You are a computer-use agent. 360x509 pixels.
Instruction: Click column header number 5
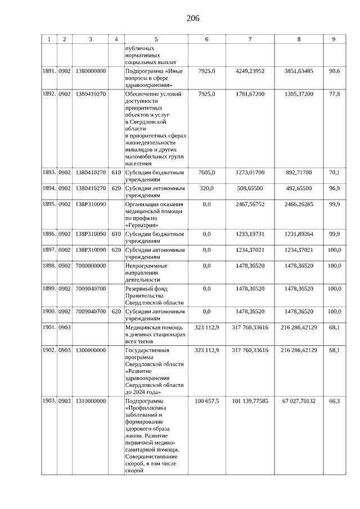pyautogui.click(x=156, y=39)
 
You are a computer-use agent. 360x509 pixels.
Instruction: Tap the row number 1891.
pyautogui.click(x=49, y=71)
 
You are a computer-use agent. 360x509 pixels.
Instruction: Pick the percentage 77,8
pyautogui.click(x=334, y=94)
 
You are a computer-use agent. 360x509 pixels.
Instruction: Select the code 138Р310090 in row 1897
pyautogui.click(x=90, y=249)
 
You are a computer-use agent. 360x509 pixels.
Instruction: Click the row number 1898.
pyautogui.click(x=49, y=265)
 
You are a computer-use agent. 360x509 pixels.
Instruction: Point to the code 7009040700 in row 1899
pyautogui.click(x=90, y=288)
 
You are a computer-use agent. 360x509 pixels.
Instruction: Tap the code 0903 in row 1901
pyautogui.click(x=65, y=327)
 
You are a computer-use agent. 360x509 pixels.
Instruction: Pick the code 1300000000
pyautogui.click(x=90, y=350)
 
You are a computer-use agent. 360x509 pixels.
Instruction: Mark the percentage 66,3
pyautogui.click(x=334, y=401)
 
